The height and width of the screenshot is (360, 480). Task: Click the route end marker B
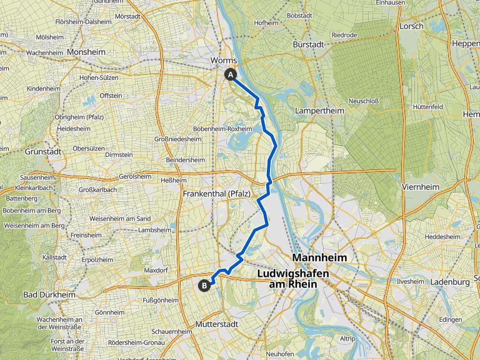[x=204, y=286]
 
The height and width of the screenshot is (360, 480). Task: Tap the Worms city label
[x=224, y=60]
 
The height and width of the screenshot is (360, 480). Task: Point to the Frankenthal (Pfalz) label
[x=216, y=194]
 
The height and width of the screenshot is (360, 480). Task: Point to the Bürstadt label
[x=311, y=45]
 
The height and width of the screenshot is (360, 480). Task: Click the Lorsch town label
[x=412, y=26]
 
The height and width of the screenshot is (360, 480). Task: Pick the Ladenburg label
[x=450, y=282]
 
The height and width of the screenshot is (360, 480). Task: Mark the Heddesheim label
[x=442, y=237]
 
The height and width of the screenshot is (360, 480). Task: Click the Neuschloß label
[x=364, y=101]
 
